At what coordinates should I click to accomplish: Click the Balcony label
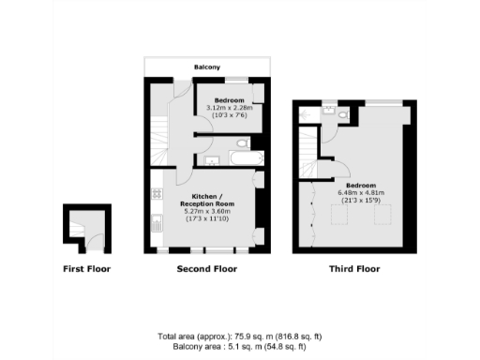[207, 67]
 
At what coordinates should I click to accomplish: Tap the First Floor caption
[86, 269]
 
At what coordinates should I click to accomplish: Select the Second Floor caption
[206, 269]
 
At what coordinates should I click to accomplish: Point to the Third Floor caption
[353, 269]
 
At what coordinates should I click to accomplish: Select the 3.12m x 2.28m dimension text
[230, 108]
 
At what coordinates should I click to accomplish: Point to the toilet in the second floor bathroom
[243, 144]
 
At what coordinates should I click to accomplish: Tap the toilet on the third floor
[343, 115]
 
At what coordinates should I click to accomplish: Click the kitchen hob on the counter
[156, 195]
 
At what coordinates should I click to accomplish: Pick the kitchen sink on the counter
[156, 224]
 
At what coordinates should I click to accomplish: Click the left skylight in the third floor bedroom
[338, 216]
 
